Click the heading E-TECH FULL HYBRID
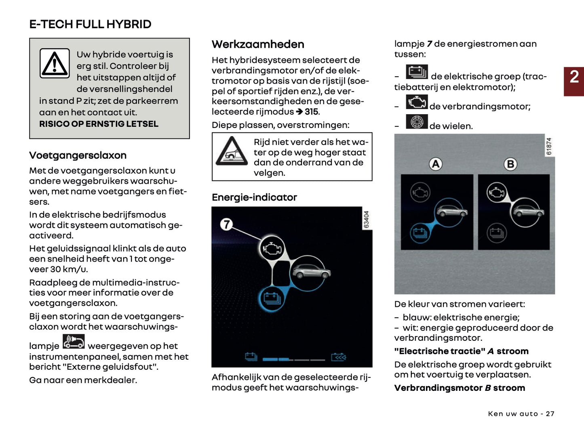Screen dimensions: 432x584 click(90, 24)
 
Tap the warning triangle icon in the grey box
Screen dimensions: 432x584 click(55, 63)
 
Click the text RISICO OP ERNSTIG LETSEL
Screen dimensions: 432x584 click(99, 124)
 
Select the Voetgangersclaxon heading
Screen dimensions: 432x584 click(78, 155)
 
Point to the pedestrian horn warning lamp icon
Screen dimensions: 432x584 click(74, 342)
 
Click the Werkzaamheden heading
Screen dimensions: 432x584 click(258, 44)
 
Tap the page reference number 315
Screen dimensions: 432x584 click(311, 112)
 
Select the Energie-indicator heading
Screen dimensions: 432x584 click(254, 197)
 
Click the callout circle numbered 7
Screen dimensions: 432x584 click(227, 224)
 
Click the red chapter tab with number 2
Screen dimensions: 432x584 click(574, 81)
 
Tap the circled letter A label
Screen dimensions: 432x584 click(436, 164)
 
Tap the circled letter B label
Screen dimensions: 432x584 click(510, 164)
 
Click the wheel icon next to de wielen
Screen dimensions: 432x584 click(417, 122)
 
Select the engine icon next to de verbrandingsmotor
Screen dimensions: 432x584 click(417, 102)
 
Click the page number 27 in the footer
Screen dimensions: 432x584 click(550, 414)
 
